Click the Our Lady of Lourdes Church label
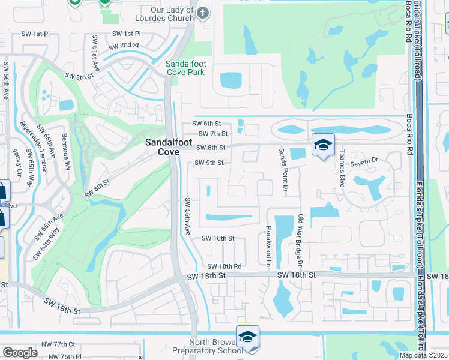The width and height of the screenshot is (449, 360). pos(164,14)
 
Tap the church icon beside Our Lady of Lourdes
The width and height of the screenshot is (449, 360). pos(203,13)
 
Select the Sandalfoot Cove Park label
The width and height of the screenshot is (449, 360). pos(185,68)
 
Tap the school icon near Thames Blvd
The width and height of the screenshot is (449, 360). pos(323,145)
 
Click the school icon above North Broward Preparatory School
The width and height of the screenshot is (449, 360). pos(247,337)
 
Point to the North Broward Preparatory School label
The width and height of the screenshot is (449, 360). pos(207,350)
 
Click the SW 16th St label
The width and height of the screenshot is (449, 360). pos(217,238)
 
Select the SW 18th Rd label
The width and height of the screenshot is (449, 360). pos(224,266)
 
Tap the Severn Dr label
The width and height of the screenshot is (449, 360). pos(364,160)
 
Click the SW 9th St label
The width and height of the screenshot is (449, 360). pos(209,163)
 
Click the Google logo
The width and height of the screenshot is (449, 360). pos(20,353)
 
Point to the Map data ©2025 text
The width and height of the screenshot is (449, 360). pos(423,355)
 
